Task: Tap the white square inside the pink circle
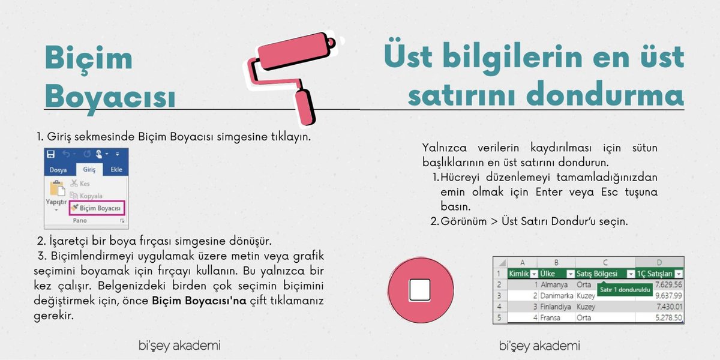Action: tap(420, 290)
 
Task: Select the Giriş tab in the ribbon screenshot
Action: tap(89, 170)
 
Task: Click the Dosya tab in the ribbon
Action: tap(58, 170)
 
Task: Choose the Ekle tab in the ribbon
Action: tap(116, 170)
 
